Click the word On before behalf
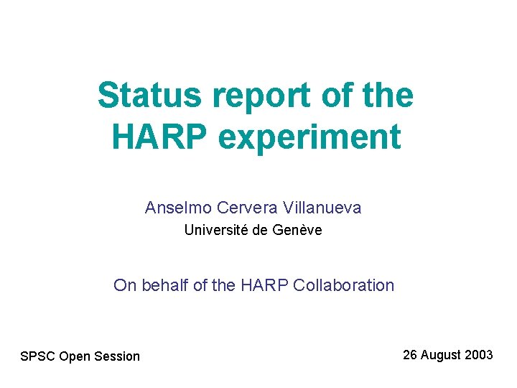(124, 285)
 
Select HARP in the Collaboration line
(264, 285)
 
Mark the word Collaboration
(345, 285)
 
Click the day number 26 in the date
(410, 355)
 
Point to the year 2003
(479, 355)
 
